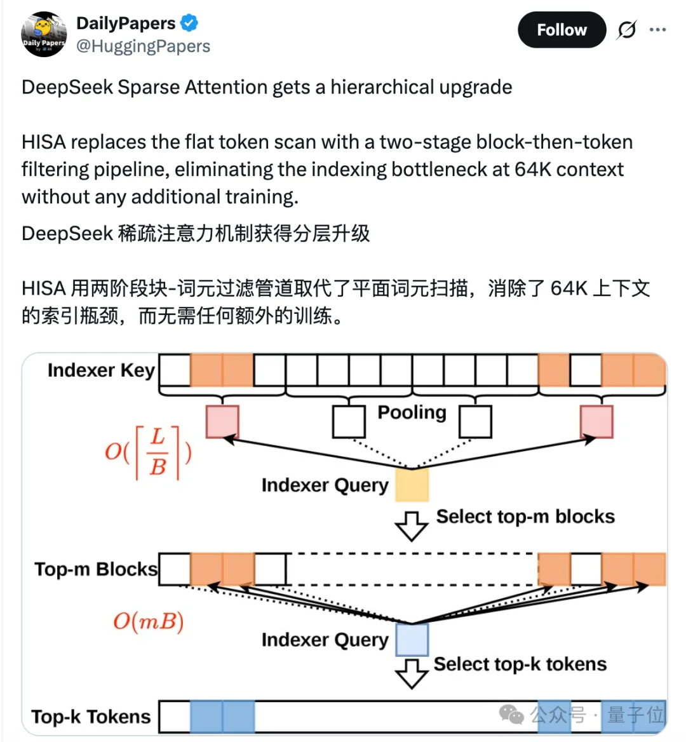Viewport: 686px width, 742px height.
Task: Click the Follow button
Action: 562,30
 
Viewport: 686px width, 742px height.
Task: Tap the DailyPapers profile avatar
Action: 44,34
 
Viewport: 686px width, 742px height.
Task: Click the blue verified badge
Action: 189,24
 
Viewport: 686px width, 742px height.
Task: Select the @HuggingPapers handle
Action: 143,46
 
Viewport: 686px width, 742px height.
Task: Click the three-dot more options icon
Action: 657,30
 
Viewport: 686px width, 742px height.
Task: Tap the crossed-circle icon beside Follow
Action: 626,30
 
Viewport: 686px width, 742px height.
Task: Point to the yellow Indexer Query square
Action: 412,485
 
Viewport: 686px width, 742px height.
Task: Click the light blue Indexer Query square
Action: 412,639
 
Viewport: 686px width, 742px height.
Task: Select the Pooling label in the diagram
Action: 412,412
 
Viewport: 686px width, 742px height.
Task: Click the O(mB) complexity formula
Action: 148,621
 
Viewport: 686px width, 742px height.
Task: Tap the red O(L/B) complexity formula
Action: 148,452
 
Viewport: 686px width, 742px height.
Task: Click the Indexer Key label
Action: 101,370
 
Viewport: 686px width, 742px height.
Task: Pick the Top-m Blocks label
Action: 96,569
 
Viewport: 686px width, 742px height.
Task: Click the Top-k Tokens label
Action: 91,717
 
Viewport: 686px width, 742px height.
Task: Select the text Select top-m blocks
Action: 525,516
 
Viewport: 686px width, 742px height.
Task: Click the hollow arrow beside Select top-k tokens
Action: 411,673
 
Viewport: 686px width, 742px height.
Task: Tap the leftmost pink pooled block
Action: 222,422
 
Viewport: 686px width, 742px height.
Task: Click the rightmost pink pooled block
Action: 596,422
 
